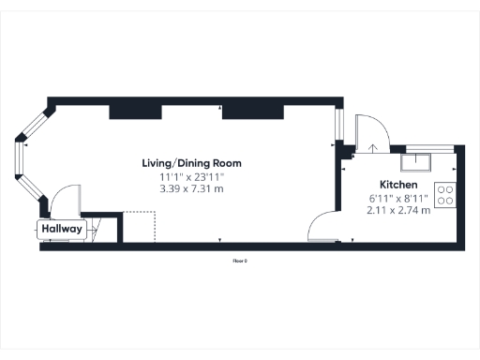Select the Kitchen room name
398,185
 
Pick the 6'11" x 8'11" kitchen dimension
398,198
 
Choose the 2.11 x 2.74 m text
398,210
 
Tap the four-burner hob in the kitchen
446,195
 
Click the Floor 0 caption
240,261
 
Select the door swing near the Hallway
65,202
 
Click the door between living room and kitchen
324,227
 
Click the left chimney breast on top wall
137,112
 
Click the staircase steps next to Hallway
103,227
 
